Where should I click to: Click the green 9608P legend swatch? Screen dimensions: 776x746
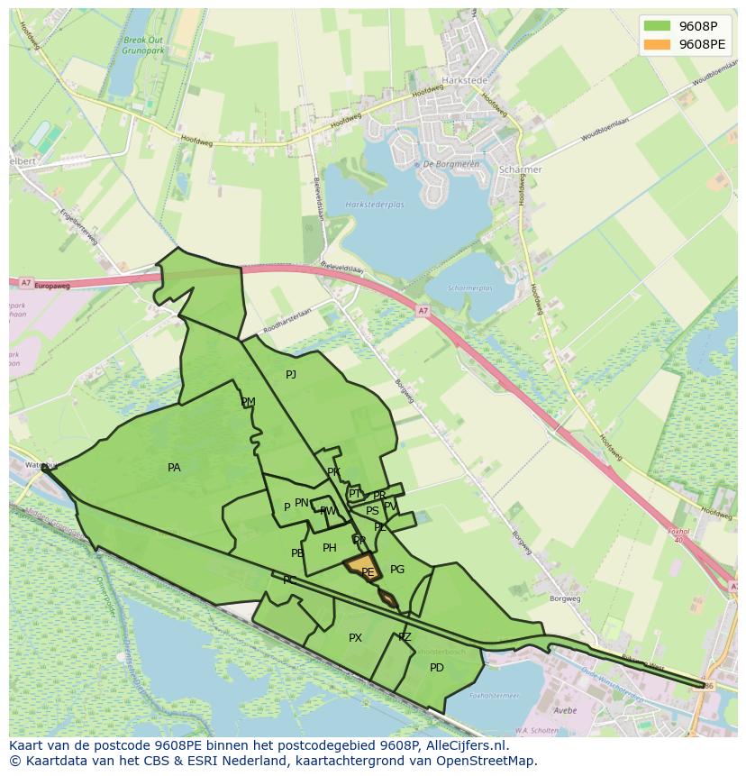[657, 25]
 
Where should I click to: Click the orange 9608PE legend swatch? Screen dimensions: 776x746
[657, 43]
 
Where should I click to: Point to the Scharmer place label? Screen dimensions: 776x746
[521, 169]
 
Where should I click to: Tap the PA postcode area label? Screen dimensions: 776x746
[174, 468]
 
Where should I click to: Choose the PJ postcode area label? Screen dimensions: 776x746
[291, 375]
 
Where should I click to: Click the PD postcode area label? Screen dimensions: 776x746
[437, 668]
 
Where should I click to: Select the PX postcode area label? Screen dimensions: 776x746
[355, 638]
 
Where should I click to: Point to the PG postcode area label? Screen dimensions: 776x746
[397, 570]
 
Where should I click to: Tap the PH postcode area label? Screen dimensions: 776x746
[330, 548]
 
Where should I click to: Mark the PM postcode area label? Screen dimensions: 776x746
[248, 402]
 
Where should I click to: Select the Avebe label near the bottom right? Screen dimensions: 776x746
[565, 710]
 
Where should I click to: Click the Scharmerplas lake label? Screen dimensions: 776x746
[471, 288]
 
